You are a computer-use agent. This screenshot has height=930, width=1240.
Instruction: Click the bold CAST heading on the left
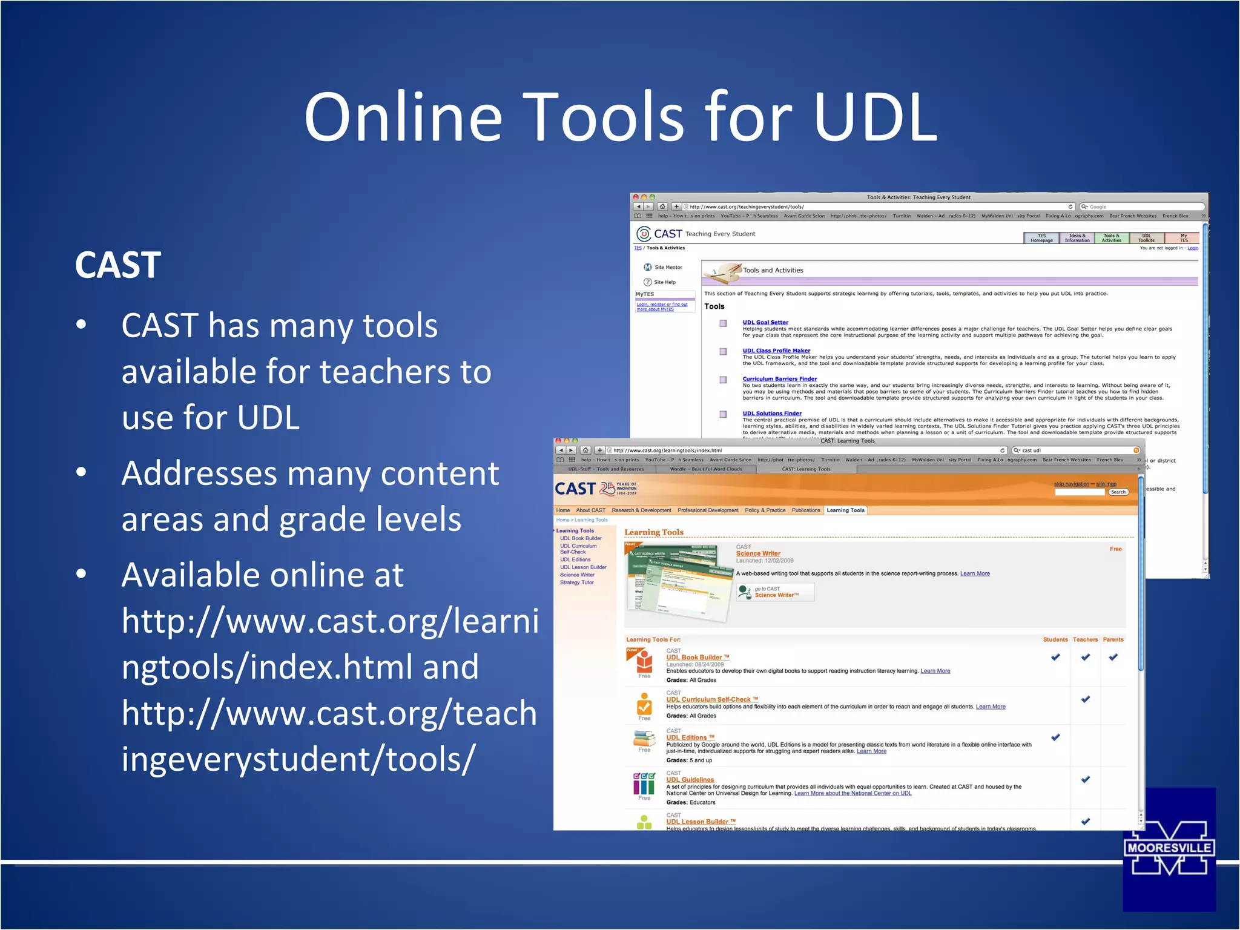pos(118,265)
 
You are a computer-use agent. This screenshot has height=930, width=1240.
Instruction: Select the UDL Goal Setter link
pos(765,322)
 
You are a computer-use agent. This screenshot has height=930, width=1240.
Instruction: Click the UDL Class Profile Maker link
pos(776,351)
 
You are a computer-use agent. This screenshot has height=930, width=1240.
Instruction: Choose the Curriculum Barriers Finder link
pos(780,379)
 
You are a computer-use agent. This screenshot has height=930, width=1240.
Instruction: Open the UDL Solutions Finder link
pos(772,414)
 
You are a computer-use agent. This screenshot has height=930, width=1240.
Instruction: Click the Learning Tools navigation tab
pos(845,510)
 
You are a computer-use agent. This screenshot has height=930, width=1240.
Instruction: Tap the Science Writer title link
pos(758,553)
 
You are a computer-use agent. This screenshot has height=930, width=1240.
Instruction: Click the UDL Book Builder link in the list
pos(697,657)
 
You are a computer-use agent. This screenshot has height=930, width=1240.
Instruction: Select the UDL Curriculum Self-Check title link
pos(712,699)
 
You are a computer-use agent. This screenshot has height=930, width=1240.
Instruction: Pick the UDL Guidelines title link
pos(690,780)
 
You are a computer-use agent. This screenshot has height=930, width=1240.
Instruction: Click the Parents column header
pos(1113,639)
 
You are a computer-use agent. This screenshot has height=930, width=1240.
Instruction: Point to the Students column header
pos(1055,639)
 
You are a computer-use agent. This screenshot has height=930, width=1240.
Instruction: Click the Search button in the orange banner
pos(1118,492)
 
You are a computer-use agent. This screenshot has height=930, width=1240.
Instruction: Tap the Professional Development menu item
pos(708,510)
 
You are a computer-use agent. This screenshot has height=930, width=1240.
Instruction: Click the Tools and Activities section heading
pos(773,270)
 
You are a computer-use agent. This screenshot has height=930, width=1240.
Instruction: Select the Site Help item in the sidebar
pos(664,282)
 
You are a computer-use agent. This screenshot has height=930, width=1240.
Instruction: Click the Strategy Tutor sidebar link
pos(576,582)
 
